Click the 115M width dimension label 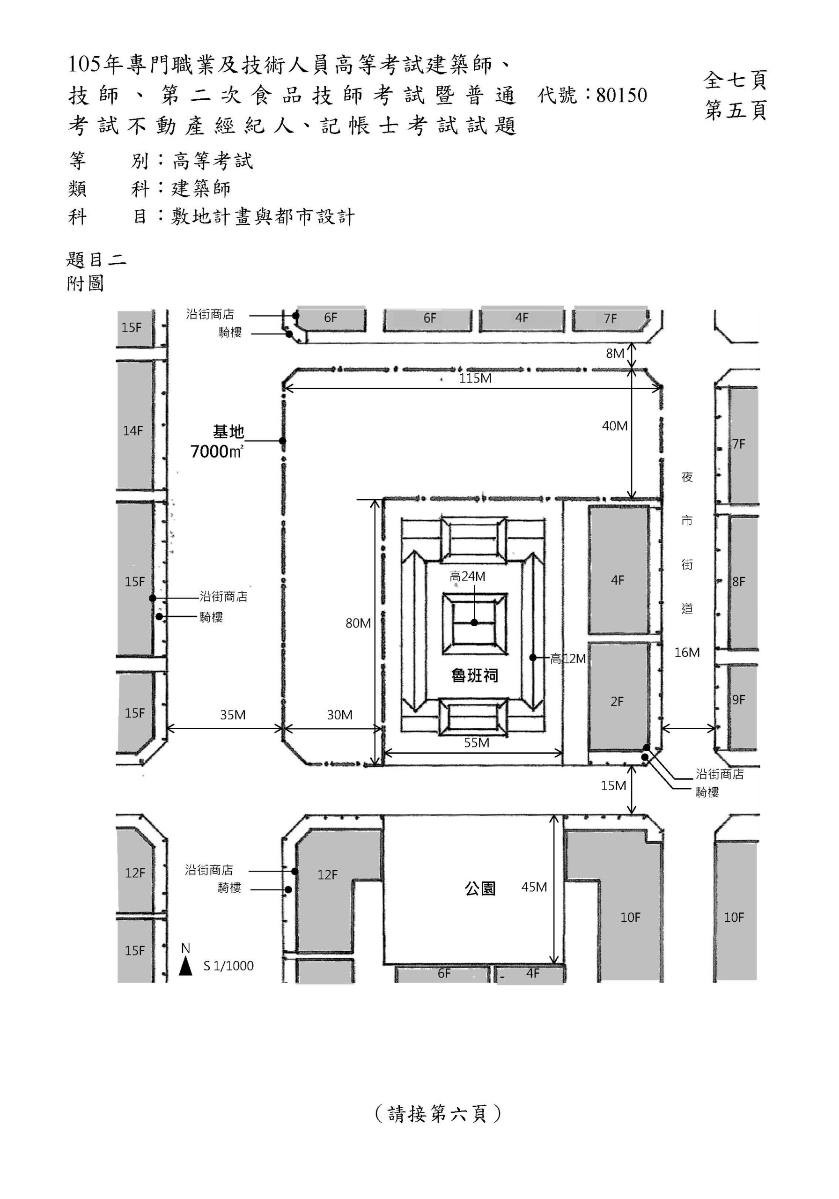pyautogui.click(x=475, y=378)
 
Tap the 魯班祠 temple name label pyautogui.click(x=475, y=676)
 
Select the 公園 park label pyautogui.click(x=480, y=888)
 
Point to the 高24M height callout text pyautogui.click(x=467, y=577)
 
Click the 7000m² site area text pyautogui.click(x=217, y=451)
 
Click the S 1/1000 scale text pyautogui.click(x=228, y=966)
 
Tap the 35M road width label pyautogui.click(x=232, y=715)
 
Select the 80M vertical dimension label pyautogui.click(x=358, y=623)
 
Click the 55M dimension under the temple pyautogui.click(x=477, y=743)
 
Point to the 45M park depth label pyautogui.click(x=534, y=887)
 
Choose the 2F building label pyautogui.click(x=617, y=701)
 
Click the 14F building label pyautogui.click(x=132, y=431)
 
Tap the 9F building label pyautogui.click(x=738, y=700)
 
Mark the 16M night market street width pyautogui.click(x=686, y=652)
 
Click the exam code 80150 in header pyautogui.click(x=621, y=96)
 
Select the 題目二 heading pyautogui.click(x=96, y=259)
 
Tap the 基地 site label pyautogui.click(x=228, y=432)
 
